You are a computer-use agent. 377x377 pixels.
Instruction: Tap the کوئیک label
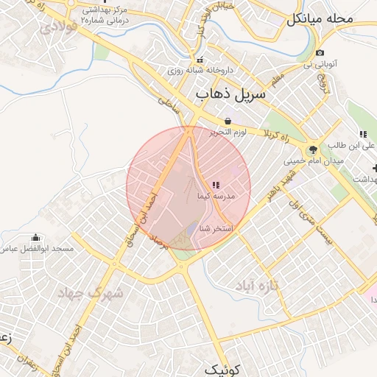click(x=221, y=368)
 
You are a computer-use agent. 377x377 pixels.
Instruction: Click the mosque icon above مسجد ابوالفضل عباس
click(x=36, y=237)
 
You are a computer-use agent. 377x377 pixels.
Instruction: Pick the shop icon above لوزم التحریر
click(x=228, y=121)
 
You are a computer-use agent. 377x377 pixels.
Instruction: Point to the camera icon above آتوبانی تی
click(x=320, y=53)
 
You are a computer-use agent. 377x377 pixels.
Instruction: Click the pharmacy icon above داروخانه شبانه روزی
click(x=199, y=60)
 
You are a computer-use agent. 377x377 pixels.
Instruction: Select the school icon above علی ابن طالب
click(x=362, y=134)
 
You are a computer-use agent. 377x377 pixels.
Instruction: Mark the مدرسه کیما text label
click(x=215, y=197)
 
